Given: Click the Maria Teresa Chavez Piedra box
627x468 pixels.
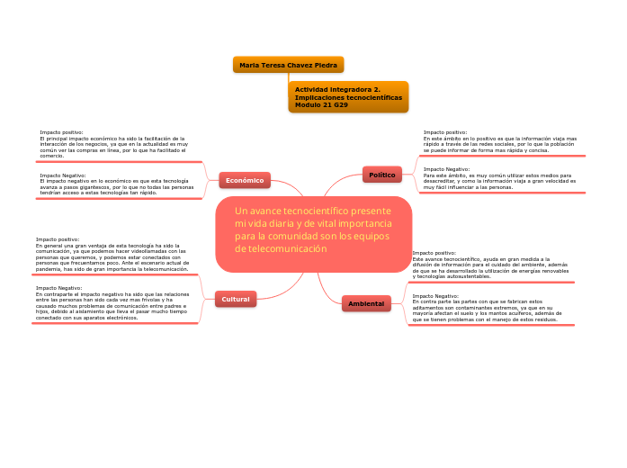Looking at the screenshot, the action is tap(288, 65).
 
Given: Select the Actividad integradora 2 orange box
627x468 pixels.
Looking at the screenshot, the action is tap(348, 97).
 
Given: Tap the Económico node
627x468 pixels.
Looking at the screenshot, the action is tap(245, 180).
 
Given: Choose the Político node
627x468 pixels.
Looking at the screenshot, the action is tap(382, 175).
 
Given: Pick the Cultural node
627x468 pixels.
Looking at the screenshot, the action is tap(236, 298).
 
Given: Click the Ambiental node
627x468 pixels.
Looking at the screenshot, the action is tap(366, 303).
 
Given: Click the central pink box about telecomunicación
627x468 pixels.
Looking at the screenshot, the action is tap(313, 234).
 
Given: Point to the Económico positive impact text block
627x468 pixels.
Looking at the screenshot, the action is tap(113, 144).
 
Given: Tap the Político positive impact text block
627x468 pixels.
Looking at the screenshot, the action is tap(499, 141).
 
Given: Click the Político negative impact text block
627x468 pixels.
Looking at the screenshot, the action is tap(499, 178).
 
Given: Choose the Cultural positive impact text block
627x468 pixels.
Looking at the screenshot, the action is tap(112, 255).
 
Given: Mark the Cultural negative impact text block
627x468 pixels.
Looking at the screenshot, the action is tap(112, 303).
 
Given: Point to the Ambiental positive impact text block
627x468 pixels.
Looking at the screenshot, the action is tap(489, 265).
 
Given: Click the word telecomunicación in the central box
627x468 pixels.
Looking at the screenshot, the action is tap(288, 248).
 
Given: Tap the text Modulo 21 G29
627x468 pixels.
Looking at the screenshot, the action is tap(321, 105).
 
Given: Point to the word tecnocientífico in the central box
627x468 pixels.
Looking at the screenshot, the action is tap(313, 211).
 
